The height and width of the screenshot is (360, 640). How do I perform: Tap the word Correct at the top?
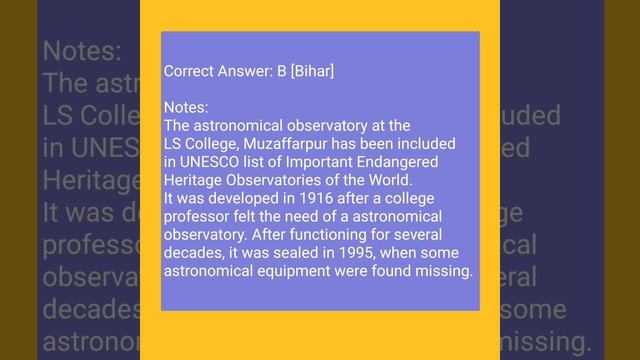pos(188,71)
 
